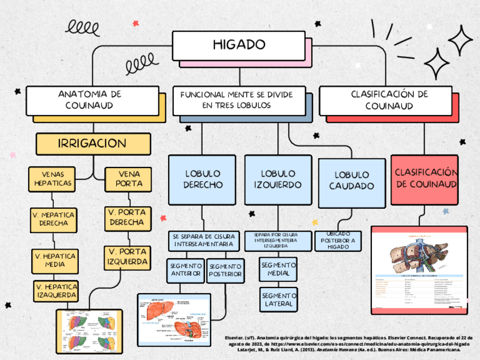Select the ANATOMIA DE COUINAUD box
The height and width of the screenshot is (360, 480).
(x=92, y=100)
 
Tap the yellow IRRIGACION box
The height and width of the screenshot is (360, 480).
(x=93, y=144)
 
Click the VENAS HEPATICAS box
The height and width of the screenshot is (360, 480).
(x=52, y=178)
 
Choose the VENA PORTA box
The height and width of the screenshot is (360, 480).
(x=129, y=178)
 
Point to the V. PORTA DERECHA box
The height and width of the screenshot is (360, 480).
(x=127, y=217)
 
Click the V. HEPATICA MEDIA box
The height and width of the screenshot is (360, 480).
(x=54, y=260)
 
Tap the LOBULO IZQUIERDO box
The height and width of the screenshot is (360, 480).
(x=277, y=179)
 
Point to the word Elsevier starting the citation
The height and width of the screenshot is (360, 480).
(x=235, y=336)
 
